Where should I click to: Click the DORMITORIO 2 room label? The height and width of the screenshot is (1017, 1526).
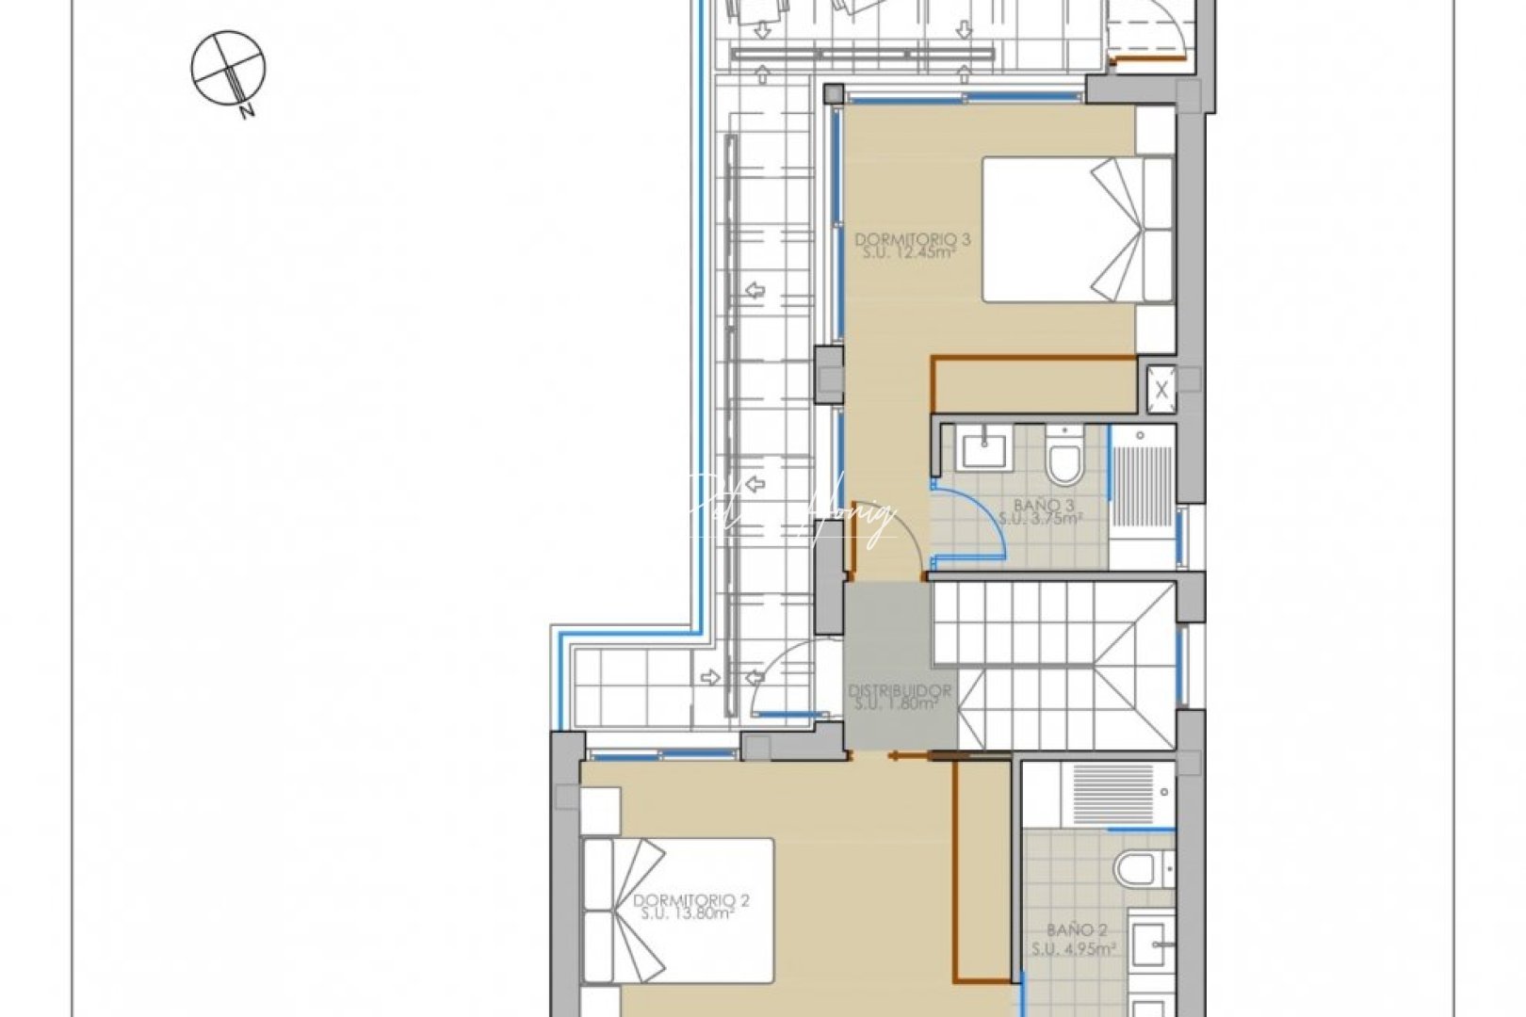pos(691,900)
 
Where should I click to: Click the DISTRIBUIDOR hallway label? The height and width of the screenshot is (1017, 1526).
pos(900,690)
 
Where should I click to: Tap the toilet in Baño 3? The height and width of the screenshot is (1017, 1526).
pos(1065,457)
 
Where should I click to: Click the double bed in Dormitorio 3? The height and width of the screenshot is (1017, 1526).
pos(1077,230)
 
